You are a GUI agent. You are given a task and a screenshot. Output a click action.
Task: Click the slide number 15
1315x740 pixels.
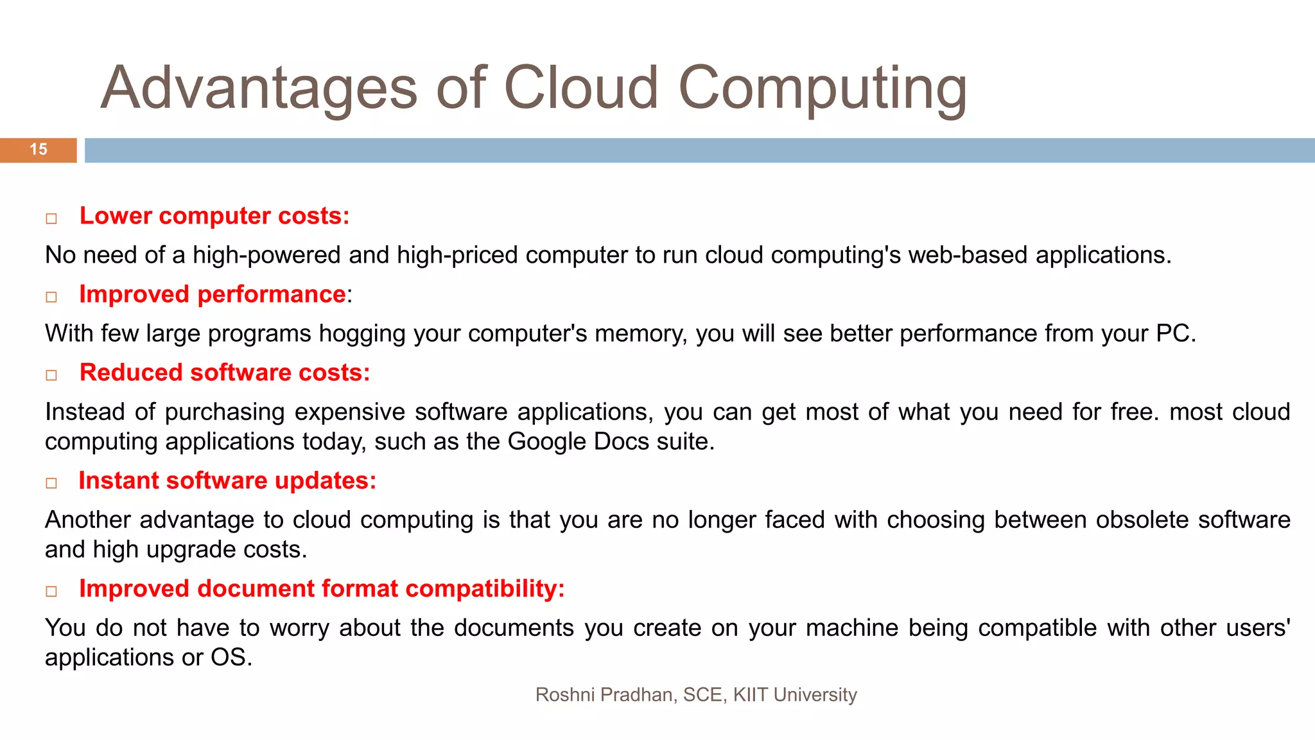[x=39, y=150]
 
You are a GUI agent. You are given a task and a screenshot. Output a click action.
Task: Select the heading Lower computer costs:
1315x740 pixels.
[x=214, y=216]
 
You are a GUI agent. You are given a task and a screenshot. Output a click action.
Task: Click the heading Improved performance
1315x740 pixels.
[x=213, y=295]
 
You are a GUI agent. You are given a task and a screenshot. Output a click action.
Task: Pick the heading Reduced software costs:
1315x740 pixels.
[x=225, y=373]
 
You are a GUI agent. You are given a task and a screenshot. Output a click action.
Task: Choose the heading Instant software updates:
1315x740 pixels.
[x=227, y=481]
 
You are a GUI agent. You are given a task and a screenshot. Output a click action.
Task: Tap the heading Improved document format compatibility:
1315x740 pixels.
[x=322, y=589]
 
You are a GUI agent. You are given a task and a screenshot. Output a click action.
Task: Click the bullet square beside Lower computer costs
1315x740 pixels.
[x=51, y=219]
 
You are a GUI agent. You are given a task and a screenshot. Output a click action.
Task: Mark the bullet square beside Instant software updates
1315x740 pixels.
[x=51, y=484]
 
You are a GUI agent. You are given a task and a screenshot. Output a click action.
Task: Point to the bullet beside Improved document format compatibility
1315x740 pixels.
[x=51, y=592]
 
